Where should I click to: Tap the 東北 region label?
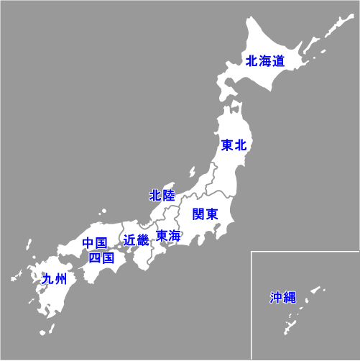[234, 145]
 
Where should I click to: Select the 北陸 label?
[162, 196]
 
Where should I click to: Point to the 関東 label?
[206, 214]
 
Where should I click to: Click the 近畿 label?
[136, 240]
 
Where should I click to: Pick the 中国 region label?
[94, 242]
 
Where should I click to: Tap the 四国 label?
[101, 257]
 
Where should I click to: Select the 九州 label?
[54, 279]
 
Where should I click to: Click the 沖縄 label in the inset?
[282, 297]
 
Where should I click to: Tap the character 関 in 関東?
[199, 214]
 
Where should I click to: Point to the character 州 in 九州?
[60, 279]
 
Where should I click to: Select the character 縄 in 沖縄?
[289, 297]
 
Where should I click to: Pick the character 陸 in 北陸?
[168, 196]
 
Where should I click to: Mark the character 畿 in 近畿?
[142, 240]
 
